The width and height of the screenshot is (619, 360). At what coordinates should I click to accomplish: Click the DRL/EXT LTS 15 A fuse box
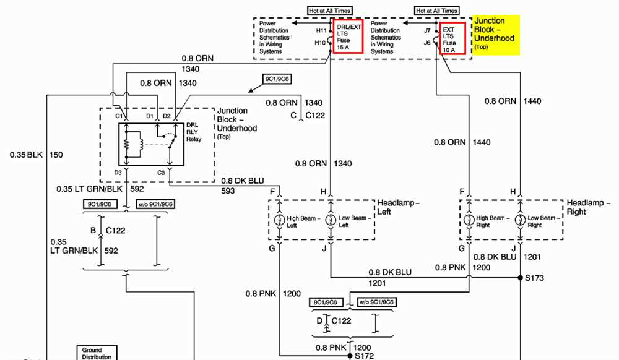point(348,36)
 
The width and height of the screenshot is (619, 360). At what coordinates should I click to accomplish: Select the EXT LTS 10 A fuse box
point(452,38)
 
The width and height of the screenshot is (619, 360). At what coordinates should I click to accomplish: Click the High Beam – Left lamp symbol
point(280,220)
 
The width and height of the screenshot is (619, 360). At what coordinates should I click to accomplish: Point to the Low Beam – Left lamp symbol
point(331,220)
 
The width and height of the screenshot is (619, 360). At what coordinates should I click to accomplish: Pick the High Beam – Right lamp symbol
point(469,220)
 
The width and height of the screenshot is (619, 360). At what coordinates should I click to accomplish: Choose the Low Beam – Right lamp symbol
point(521,220)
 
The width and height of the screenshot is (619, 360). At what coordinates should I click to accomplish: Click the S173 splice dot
point(521,278)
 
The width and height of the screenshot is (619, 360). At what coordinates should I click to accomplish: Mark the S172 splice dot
point(350,356)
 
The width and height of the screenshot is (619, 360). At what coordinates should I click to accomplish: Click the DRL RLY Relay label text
point(193,132)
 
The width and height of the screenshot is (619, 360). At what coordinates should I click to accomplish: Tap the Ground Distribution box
point(97,353)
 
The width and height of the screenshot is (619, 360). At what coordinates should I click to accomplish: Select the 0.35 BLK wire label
point(26,155)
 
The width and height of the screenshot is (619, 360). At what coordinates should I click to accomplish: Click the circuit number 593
point(228,191)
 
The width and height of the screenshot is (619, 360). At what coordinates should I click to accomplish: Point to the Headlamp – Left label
point(398,207)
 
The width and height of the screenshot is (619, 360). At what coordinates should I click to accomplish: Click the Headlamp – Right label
point(588,207)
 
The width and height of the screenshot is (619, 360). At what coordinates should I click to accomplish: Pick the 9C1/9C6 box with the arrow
point(277,79)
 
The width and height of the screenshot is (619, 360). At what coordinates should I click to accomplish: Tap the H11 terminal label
point(321,30)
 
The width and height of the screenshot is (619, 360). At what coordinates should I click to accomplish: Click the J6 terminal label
point(427,43)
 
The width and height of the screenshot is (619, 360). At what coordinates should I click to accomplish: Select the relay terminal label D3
point(118,173)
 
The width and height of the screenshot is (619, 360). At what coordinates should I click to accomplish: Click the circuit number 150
point(56,155)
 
